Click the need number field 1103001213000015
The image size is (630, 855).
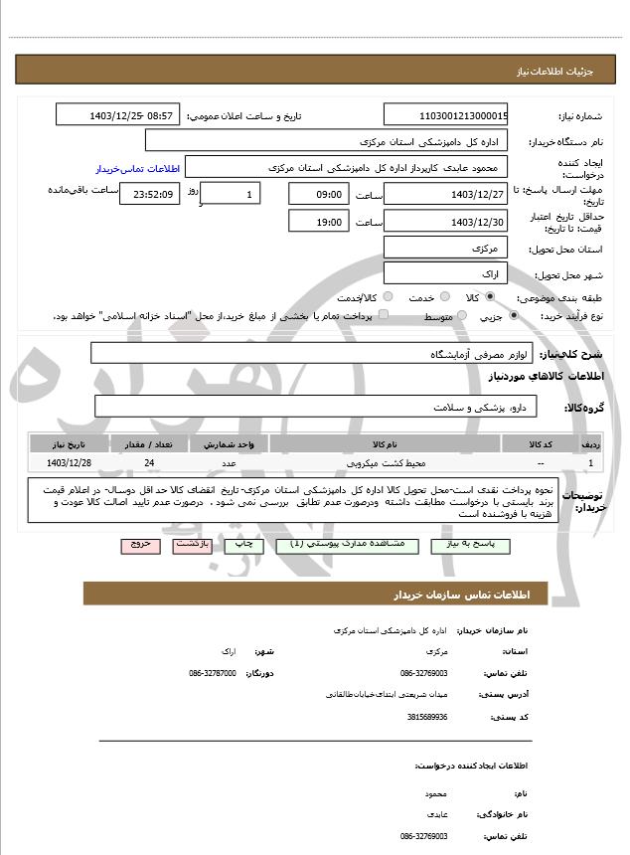coord(445,115)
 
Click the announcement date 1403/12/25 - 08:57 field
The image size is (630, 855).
coord(117,115)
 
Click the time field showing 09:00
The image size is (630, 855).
coord(319,194)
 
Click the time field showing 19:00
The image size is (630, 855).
coord(319,222)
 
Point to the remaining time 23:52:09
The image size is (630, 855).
coord(149,194)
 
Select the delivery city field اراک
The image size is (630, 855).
coord(445,273)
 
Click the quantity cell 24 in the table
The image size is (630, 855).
coord(149,463)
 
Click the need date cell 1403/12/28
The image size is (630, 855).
coord(69,463)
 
